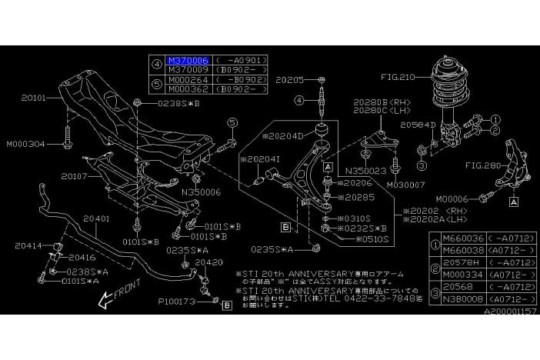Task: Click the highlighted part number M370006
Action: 187,59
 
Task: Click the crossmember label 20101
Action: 35,98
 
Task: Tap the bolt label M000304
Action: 28,143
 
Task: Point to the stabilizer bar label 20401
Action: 97,218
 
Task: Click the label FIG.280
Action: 482,165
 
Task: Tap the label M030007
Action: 405,185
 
